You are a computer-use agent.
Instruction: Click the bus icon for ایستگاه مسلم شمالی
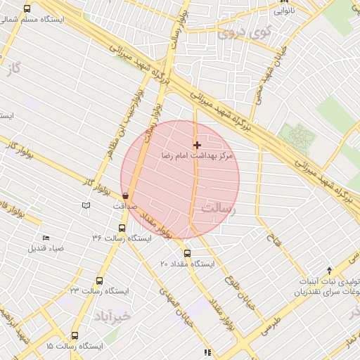point(27,9)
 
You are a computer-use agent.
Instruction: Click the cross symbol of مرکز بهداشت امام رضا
point(197,145)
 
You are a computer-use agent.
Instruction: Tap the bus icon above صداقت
point(126,196)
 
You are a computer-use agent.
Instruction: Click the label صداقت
point(125,207)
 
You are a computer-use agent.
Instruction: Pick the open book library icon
point(86,205)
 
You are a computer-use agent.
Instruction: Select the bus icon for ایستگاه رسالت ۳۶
point(122,228)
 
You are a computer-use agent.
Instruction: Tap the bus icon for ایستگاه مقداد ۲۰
point(187,253)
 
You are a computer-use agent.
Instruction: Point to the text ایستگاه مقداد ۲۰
point(187,264)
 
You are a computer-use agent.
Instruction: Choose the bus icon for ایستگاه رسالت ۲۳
point(99,281)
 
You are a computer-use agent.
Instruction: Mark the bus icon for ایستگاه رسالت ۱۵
point(75,336)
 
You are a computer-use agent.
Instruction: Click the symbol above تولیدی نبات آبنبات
point(330,270)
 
